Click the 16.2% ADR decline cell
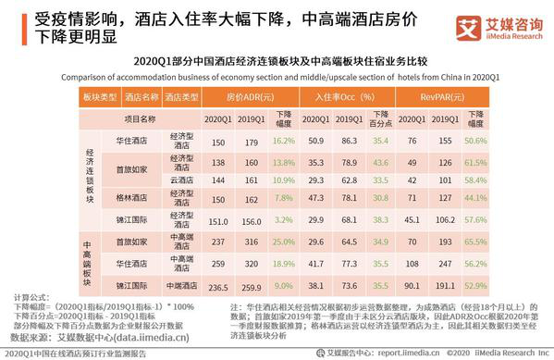coord(283,141)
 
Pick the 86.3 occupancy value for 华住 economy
coord(349,141)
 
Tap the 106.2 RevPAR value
coord(447,220)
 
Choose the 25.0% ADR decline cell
coord(283,241)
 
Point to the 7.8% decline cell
coord(283,197)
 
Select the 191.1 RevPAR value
coord(447,286)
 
